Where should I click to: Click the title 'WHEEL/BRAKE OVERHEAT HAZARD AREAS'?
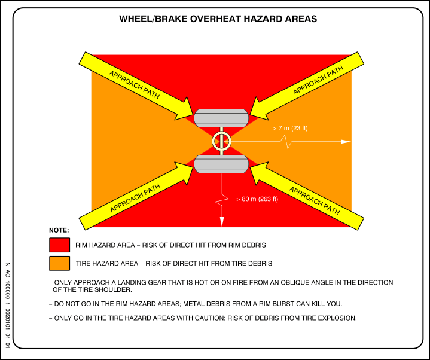(218, 19)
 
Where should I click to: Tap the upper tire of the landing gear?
(221, 117)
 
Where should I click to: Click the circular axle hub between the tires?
(221, 141)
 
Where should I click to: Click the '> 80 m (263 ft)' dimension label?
(257, 199)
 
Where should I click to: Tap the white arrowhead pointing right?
(346, 142)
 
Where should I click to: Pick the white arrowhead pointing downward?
(222, 221)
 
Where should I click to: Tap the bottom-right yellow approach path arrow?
(309, 197)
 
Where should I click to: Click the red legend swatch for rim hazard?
(60, 245)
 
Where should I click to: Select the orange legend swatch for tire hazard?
(60, 263)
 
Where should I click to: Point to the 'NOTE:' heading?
(59, 230)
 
